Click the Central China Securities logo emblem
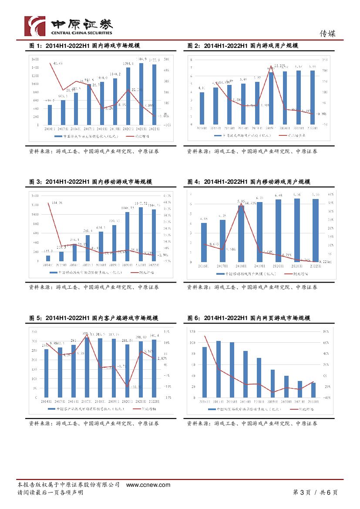[x=34, y=26]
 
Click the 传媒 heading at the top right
[x=328, y=34]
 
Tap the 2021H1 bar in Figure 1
[x=141, y=94]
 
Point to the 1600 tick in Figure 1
[x=35, y=58]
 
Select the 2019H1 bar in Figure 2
[x=271, y=98]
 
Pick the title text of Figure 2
[x=242, y=46]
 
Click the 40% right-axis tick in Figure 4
[x=330, y=194]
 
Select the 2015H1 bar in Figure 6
[x=219, y=369]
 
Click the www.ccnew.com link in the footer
[x=148, y=485]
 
